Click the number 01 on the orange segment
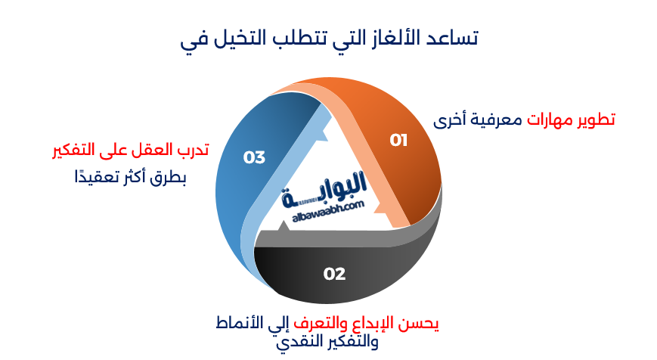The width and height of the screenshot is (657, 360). pos(398,140)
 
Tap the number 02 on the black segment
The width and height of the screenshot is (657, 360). pos(334,273)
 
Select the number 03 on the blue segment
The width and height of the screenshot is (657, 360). pos(255,157)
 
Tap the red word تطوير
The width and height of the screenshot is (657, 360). pos(594,119)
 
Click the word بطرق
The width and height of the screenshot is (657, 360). pos(168,178)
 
